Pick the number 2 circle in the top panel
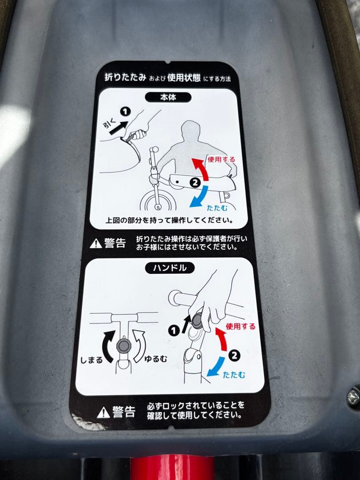194,181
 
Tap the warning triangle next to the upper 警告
96,243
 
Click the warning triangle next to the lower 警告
103,413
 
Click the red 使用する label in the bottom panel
241,327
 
